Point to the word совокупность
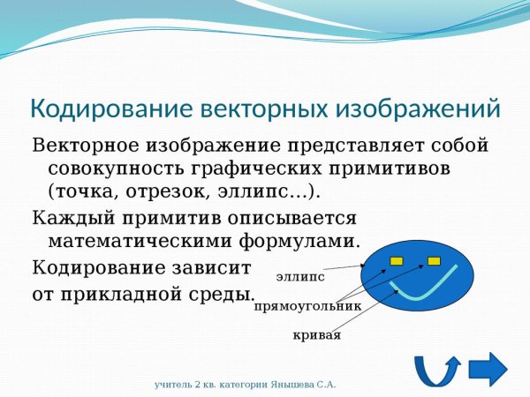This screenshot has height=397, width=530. tap(116, 168)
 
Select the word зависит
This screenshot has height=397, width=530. tap(212, 266)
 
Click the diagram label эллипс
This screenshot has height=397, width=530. tap(300, 277)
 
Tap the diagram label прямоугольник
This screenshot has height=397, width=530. tap(307, 307)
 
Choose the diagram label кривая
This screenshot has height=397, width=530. tap(316, 336)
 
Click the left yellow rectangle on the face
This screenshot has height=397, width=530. tap(397, 260)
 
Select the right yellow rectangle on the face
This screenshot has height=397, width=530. tap(434, 260)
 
